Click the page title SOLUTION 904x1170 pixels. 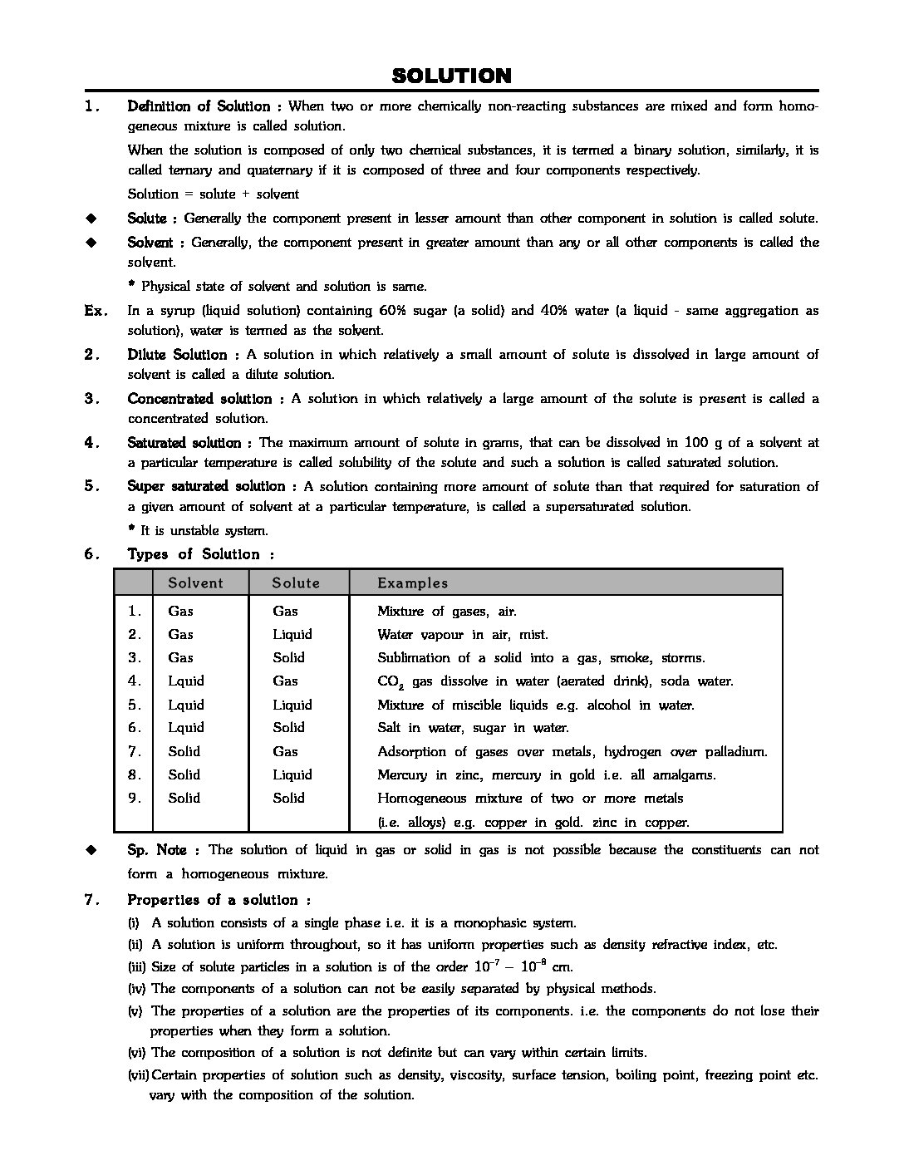pyautogui.click(x=451, y=76)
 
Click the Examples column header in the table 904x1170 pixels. pyautogui.click(x=412, y=583)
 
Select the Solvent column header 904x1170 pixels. pyautogui.click(x=195, y=583)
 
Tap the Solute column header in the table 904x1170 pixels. pyautogui.click(x=296, y=583)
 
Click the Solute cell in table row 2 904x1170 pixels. pyautogui.click(x=292, y=635)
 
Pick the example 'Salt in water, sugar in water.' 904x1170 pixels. pyautogui.click(x=473, y=728)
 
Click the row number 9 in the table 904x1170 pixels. pyautogui.click(x=135, y=798)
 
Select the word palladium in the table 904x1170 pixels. pyautogui.click(x=735, y=752)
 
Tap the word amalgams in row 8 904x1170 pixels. pyautogui.click(x=685, y=775)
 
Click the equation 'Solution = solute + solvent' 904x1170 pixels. pyautogui.click(x=213, y=194)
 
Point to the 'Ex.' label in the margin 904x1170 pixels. pyautogui.click(x=96, y=311)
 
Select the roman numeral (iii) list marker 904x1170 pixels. pyautogui.click(x=137, y=967)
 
